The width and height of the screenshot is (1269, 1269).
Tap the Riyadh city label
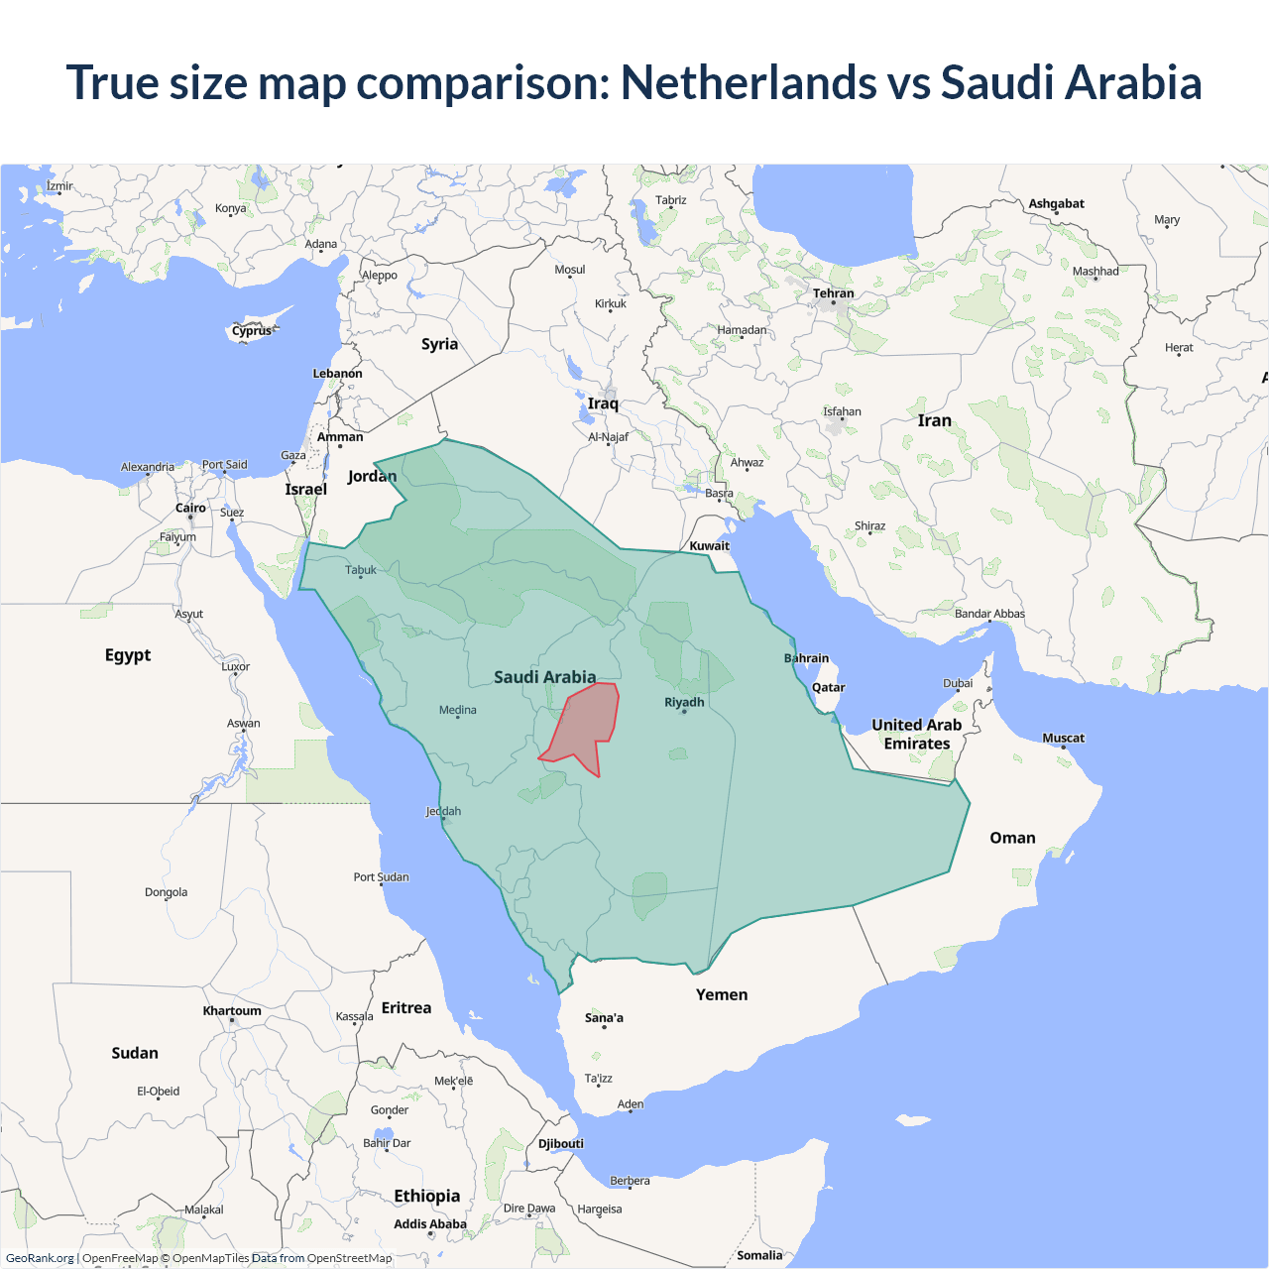[x=684, y=702]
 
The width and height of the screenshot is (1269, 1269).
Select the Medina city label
[x=458, y=710]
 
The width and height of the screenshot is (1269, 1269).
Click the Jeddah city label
[x=443, y=811]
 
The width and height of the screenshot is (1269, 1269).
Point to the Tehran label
[x=833, y=293]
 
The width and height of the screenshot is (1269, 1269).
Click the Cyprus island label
[x=252, y=331]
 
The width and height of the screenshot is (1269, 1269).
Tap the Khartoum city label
[x=232, y=1011]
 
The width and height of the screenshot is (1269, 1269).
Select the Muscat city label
[x=1063, y=738]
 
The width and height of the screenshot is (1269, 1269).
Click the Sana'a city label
[x=604, y=1018]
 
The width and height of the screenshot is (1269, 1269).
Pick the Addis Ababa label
[x=429, y=1224]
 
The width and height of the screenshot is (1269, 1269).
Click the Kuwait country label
[x=709, y=545]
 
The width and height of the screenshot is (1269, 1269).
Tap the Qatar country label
[x=828, y=687]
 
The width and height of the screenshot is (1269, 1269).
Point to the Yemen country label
[x=722, y=994]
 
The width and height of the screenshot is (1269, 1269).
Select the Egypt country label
[x=128, y=655]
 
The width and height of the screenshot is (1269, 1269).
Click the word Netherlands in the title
[x=749, y=82]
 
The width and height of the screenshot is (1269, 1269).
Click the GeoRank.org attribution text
[x=40, y=1258]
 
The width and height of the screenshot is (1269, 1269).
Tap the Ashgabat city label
[x=1056, y=204]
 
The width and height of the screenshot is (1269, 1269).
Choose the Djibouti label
[x=561, y=1143]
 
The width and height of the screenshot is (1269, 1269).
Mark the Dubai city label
[x=958, y=683]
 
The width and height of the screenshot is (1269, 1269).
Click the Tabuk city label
[x=361, y=570]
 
